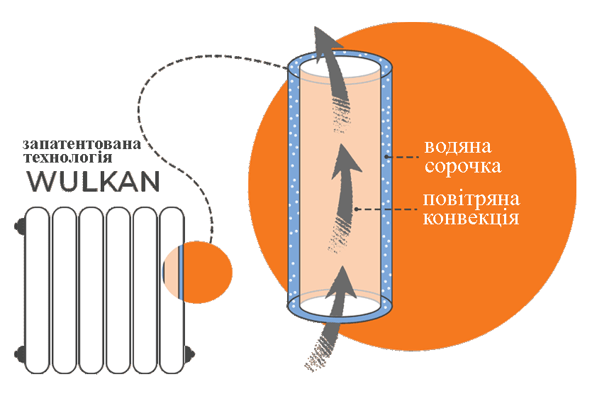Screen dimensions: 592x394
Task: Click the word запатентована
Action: pyautogui.click(x=82, y=144)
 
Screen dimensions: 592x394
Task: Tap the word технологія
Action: pyautogui.click(x=68, y=157)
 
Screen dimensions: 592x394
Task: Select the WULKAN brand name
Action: pyautogui.click(x=94, y=182)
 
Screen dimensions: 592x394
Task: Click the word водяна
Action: pyautogui.click(x=458, y=147)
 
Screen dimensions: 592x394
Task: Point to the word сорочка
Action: pyautogui.click(x=463, y=166)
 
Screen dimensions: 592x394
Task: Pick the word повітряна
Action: pyautogui.click(x=471, y=199)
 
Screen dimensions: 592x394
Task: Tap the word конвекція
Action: pyautogui.click(x=471, y=219)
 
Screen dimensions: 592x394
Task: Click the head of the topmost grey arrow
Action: pyautogui.click(x=325, y=41)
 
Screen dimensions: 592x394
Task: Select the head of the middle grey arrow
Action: pyautogui.click(x=345, y=161)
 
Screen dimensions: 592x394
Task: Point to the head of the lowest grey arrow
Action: pyautogui.click(x=342, y=282)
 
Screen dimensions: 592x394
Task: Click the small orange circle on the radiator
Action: pyautogui.click(x=198, y=272)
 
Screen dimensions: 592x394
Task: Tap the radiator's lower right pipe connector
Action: pyautogui.click(x=190, y=354)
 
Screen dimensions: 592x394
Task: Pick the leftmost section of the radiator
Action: pyautogui.click(x=37, y=290)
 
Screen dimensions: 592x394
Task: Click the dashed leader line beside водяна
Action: pyautogui.click(x=402, y=157)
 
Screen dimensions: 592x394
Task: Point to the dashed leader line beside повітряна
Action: pyautogui.click(x=386, y=209)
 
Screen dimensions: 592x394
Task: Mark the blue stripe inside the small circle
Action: pyautogui.click(x=181, y=272)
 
